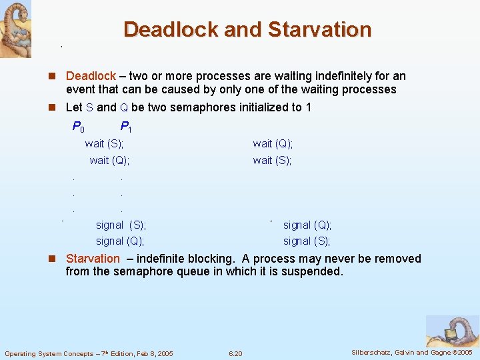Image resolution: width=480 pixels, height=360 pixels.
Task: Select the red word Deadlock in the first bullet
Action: pos(91,77)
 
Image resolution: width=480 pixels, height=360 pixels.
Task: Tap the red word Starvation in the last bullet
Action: pos(93,259)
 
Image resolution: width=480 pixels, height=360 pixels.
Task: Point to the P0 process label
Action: pos(78,127)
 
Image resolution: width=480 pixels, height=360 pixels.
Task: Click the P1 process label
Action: pos(125,127)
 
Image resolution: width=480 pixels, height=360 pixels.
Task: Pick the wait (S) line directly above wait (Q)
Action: pos(104,143)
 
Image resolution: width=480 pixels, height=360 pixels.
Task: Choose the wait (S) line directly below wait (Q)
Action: pos(272,160)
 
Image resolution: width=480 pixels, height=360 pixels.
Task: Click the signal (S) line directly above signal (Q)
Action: pos(121,225)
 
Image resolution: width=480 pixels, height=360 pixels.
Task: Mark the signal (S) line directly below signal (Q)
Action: pos(307,241)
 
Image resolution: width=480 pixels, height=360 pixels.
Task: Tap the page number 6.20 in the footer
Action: pos(235,353)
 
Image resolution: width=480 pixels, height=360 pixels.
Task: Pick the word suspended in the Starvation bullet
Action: pos(313,271)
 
